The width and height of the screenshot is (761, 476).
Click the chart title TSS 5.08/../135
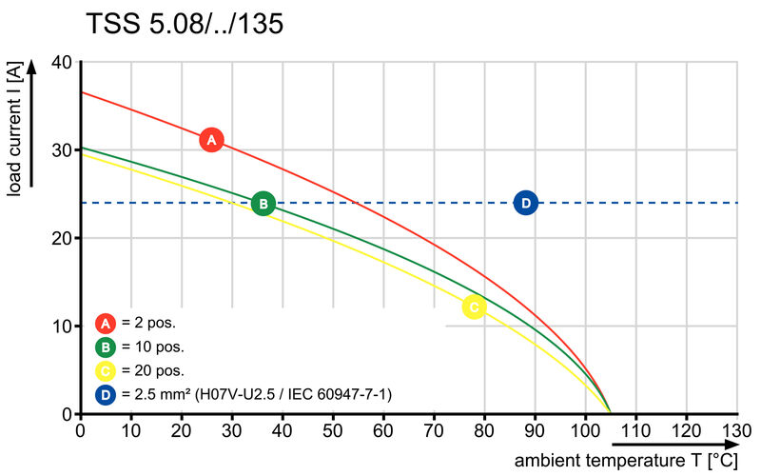(x=185, y=23)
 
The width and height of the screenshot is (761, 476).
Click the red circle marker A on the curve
(x=211, y=140)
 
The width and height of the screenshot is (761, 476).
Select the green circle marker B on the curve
(x=263, y=203)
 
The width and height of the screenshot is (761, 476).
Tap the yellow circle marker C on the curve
(x=474, y=307)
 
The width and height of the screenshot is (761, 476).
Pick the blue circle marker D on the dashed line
(x=525, y=203)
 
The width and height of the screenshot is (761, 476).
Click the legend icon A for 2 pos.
(x=106, y=323)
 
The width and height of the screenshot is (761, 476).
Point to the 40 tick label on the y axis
(x=62, y=62)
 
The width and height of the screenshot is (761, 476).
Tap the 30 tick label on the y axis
(x=62, y=150)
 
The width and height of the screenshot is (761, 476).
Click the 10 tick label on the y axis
(x=62, y=327)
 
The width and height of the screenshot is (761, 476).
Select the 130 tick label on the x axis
(x=737, y=429)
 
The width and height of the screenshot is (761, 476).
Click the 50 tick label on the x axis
(x=333, y=429)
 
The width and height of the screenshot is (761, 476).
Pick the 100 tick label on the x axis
(x=585, y=429)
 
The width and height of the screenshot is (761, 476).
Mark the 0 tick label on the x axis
(x=81, y=429)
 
